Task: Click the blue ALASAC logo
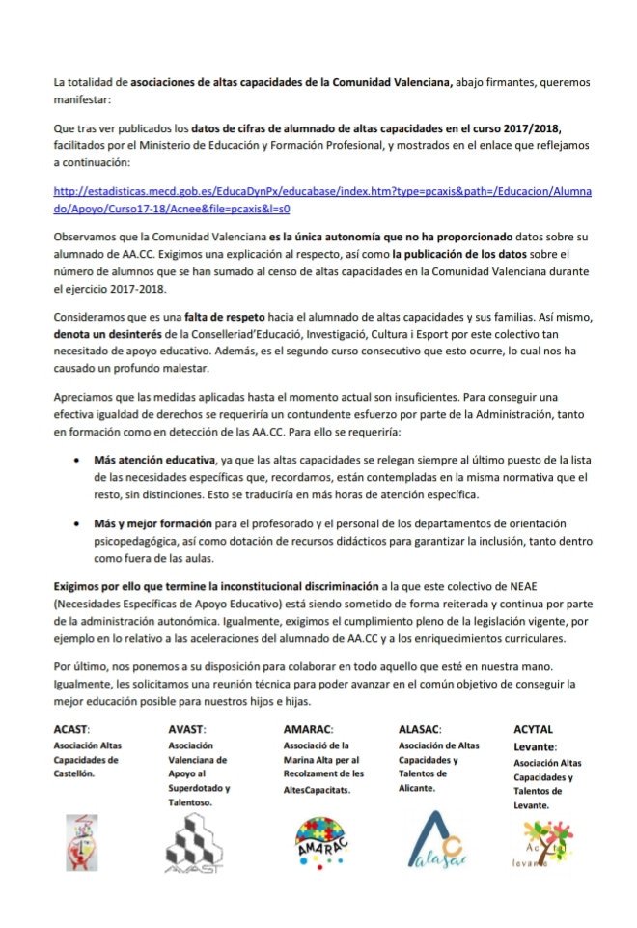434,838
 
